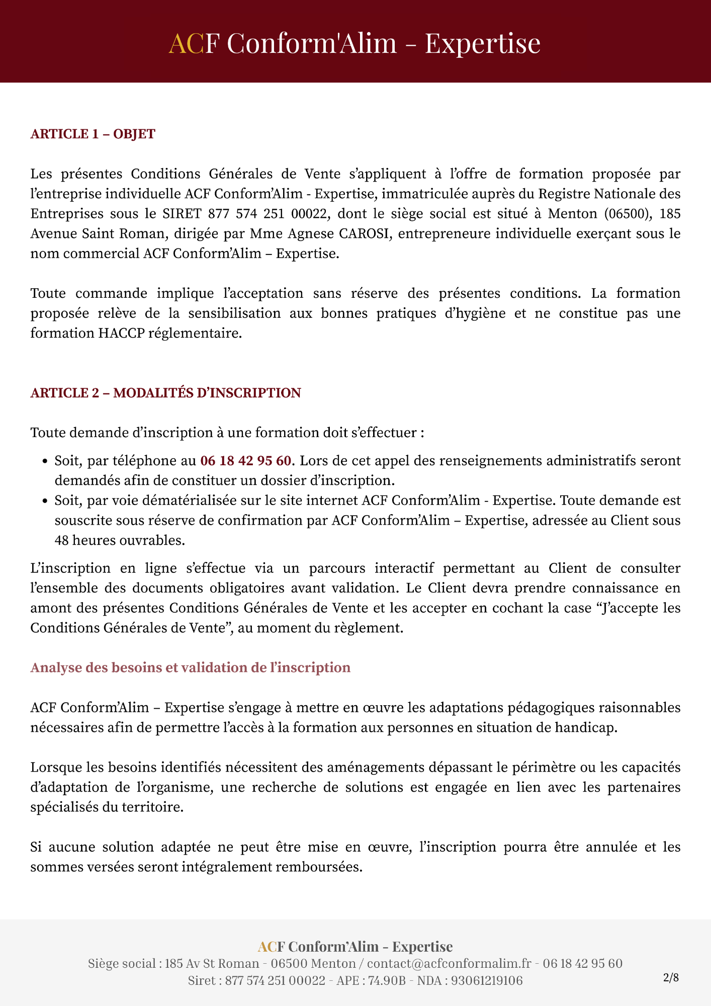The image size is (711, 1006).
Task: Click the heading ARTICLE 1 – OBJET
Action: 93,134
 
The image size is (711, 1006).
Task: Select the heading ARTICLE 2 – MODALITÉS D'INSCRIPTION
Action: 165,393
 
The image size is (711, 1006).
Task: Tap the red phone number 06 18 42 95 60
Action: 245,461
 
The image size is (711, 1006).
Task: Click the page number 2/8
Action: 671,978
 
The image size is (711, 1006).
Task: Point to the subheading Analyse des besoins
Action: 190,667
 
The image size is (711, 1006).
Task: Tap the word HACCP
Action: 122,333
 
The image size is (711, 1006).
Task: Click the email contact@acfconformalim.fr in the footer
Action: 449,963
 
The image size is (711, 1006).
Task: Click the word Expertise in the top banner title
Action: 483,43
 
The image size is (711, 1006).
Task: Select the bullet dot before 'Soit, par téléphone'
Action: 45,461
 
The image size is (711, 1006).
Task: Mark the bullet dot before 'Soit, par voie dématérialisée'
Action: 45,501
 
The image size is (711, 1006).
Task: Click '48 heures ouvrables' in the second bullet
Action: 120,540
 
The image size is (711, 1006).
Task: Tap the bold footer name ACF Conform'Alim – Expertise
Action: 355,947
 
